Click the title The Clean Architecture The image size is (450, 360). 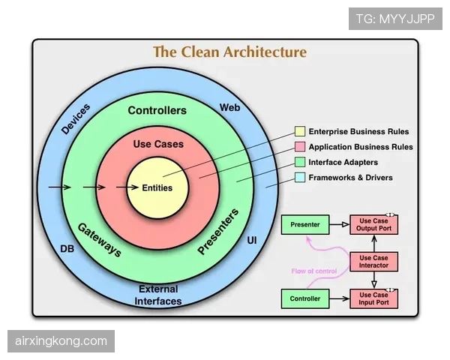point(230,52)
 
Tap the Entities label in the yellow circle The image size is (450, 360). point(157,187)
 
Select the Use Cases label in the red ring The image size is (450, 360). point(158,144)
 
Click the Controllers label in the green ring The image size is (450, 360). point(157,110)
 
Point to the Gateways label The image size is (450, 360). point(100,240)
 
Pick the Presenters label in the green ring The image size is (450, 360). point(218,232)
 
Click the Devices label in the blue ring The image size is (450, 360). point(76,119)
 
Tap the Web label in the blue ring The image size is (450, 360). point(230,108)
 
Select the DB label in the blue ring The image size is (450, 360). point(67,248)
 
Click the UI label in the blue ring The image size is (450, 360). point(252,240)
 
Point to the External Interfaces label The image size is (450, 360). point(158,295)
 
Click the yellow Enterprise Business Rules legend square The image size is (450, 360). point(300,131)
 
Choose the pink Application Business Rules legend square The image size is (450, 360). point(300,147)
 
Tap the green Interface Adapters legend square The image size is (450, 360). point(300,162)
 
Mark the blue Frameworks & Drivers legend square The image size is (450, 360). point(300,178)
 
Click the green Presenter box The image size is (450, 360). point(305,224)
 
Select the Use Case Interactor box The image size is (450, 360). point(373,262)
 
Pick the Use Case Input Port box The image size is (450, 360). point(373,298)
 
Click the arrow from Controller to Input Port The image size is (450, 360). point(340,298)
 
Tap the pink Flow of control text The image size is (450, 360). point(314,271)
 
